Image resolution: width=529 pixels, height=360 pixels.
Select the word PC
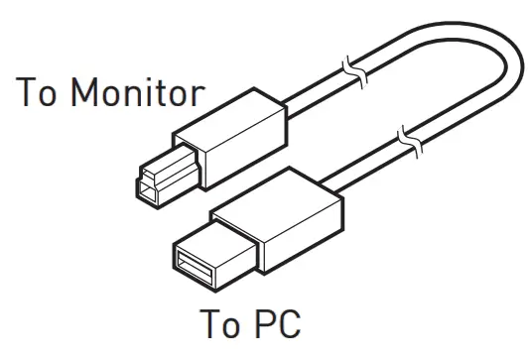pyautogui.click(x=273, y=326)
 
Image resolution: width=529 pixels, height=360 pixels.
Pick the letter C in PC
pyautogui.click(x=285, y=326)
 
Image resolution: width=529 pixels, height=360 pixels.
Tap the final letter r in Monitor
pyautogui.click(x=197, y=97)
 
